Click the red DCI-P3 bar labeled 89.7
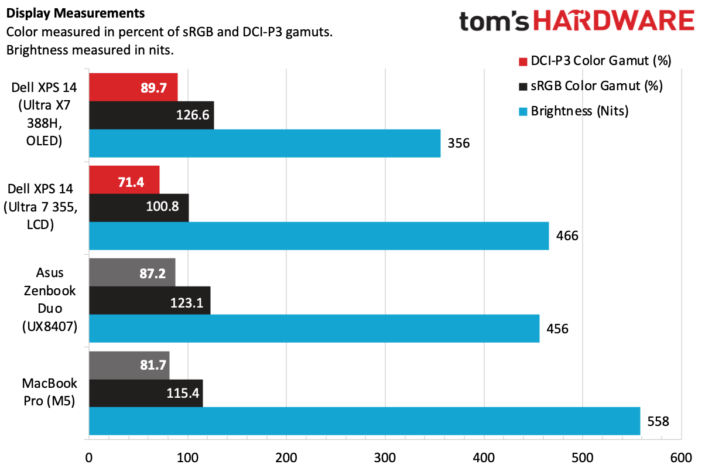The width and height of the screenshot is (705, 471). pos(133,87)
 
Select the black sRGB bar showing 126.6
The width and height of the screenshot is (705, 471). pos(151,115)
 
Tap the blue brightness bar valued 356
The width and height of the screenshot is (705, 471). pos(265,143)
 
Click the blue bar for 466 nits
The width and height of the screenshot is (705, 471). pos(319,235)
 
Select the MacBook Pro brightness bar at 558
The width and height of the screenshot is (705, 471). pos(364,421)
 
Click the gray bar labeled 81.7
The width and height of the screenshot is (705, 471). pos(129,365)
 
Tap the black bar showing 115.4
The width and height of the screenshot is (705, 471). pos(145,392)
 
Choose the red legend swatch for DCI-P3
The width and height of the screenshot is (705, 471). pos(522,61)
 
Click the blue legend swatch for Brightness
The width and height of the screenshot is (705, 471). pos(522,111)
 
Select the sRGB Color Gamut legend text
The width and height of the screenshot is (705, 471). pos(596,86)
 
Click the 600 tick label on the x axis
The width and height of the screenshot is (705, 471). pos(682,458)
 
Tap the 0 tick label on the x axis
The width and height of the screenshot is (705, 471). pos(89,458)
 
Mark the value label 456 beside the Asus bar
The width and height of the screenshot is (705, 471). pos(557,329)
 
